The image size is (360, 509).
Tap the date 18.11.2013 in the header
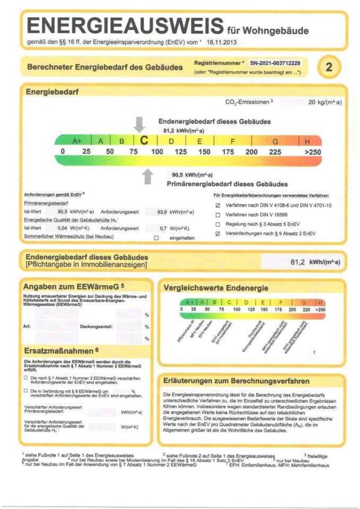pos(222,41)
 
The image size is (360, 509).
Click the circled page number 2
pos(329,67)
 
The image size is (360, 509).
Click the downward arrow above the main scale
pos(139,124)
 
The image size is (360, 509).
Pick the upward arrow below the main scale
pos(148,175)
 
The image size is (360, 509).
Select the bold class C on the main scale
pos(143,141)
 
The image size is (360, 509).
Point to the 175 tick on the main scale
pos(228,152)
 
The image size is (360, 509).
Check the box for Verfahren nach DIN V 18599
pos(217,215)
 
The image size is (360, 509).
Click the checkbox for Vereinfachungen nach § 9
pos(217,234)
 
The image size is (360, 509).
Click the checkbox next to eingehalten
pos(156,238)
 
